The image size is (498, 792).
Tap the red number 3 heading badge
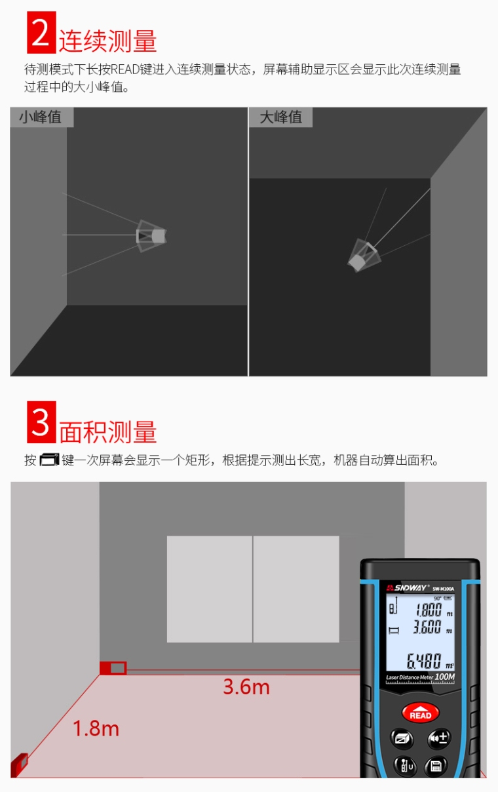point(41,422)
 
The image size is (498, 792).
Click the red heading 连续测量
point(108,41)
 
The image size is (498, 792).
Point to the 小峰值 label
point(41,117)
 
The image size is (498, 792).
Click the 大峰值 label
point(281,117)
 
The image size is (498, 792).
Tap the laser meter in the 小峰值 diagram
point(151,235)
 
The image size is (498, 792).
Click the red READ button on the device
point(420,714)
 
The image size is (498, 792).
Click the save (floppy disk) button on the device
point(435,765)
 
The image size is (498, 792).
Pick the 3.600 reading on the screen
point(427,627)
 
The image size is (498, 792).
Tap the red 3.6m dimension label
point(246,687)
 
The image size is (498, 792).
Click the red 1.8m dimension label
point(96,728)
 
